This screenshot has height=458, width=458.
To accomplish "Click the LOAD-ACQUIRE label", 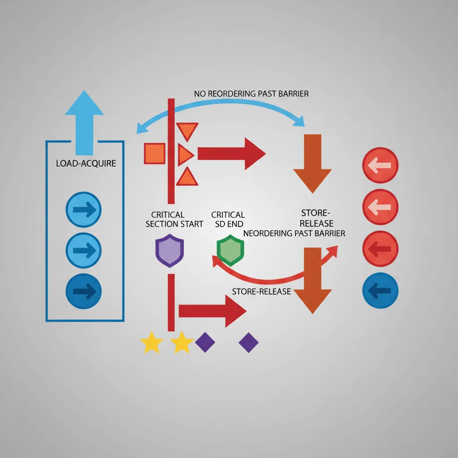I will coord(86,163).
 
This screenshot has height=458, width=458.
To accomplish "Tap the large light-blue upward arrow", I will coord(84,121).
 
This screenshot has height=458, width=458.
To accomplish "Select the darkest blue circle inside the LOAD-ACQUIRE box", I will coord(84,291).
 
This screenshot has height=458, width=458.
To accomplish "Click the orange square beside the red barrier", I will coord(154,153).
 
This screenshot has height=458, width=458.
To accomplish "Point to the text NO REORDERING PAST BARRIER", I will coord(251,94).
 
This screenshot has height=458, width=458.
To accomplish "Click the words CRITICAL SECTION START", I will coord(174,219).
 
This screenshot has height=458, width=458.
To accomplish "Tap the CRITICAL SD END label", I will coord(228,219).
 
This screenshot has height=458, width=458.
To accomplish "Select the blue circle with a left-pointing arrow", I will coord(380,291).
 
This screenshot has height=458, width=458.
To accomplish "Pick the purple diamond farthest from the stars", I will coord(249,342).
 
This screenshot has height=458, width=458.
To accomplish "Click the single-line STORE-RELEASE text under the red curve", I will coord(261,292).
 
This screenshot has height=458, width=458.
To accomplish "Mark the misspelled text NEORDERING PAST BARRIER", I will coord(294,233).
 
